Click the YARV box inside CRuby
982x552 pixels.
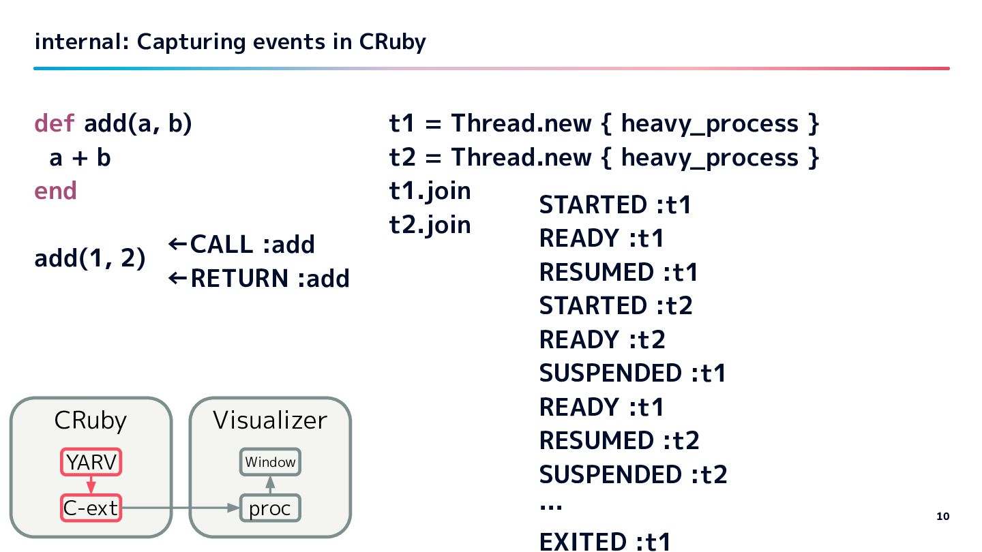click(x=91, y=462)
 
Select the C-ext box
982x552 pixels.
click(x=91, y=508)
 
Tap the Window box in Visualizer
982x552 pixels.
click(x=271, y=462)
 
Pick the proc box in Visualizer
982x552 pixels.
click(x=270, y=508)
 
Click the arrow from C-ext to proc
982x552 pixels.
click(x=180, y=508)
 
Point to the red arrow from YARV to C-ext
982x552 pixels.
click(x=91, y=484)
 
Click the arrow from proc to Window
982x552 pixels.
click(x=270, y=485)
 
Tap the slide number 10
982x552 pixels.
click(x=942, y=516)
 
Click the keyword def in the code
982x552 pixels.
click(x=55, y=123)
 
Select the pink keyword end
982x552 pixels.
click(x=55, y=191)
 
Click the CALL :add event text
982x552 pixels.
click(x=242, y=244)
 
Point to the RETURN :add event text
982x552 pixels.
click(x=259, y=278)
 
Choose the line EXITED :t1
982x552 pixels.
click(x=605, y=541)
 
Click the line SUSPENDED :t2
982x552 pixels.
click(x=633, y=474)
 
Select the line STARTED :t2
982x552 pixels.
click(x=615, y=305)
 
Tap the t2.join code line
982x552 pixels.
click(x=430, y=224)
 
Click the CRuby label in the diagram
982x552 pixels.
click(x=90, y=420)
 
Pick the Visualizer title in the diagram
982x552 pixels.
click(x=270, y=420)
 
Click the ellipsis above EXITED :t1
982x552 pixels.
click(x=550, y=507)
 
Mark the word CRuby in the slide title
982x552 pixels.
click(x=392, y=42)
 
